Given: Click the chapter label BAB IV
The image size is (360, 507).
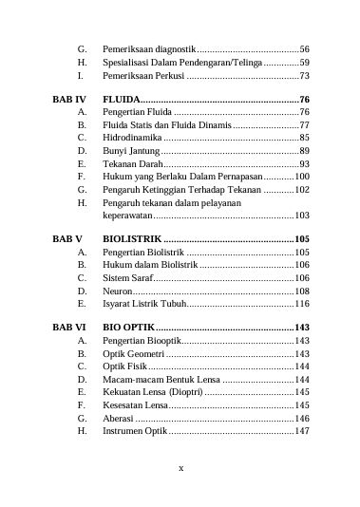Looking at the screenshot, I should click(68, 99).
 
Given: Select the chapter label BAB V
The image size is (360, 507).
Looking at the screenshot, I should click(67, 239).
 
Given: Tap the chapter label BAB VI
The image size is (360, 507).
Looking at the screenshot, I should click(68, 327).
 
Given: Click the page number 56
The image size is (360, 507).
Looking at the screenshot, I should click(304, 47).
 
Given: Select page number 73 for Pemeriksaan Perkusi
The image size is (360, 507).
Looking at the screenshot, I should click(304, 74).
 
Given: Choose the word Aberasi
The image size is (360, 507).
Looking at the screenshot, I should click(119, 417).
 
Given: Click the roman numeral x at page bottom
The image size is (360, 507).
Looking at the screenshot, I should click(180, 467).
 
